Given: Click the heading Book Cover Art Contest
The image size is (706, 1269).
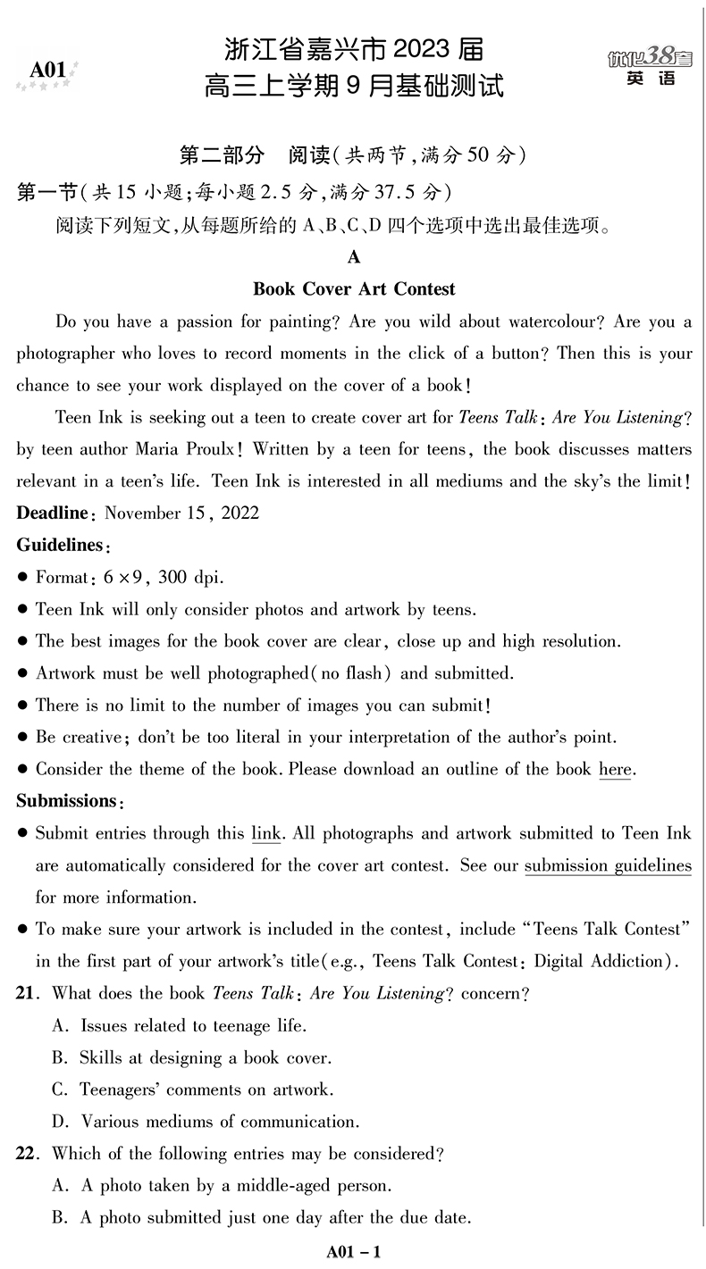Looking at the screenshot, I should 354,289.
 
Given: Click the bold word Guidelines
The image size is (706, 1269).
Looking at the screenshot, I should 60,545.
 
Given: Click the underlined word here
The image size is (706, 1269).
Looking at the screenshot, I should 615,770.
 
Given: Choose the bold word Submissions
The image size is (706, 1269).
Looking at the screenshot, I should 69,801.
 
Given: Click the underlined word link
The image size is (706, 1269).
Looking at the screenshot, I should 266,834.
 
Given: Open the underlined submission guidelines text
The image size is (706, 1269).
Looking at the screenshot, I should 608,865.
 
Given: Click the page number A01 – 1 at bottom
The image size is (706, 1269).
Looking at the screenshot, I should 354,1252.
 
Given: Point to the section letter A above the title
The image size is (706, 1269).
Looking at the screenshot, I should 354,257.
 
